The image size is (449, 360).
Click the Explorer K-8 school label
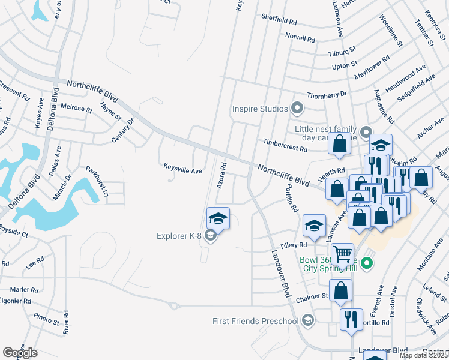click(x=179, y=235)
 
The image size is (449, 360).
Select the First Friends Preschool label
click(x=255, y=321)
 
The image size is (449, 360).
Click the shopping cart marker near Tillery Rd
click(x=342, y=253)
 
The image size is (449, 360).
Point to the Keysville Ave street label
click(x=183, y=170)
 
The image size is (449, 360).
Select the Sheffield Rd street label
click(x=279, y=20)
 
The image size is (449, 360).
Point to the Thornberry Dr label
click(x=327, y=95)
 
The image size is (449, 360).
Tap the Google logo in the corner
click(x=20, y=353)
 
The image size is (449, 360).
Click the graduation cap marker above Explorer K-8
click(x=218, y=218)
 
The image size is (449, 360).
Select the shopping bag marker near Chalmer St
click(x=340, y=290)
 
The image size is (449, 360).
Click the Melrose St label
click(x=76, y=108)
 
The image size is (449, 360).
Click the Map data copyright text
click(x=424, y=355)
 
